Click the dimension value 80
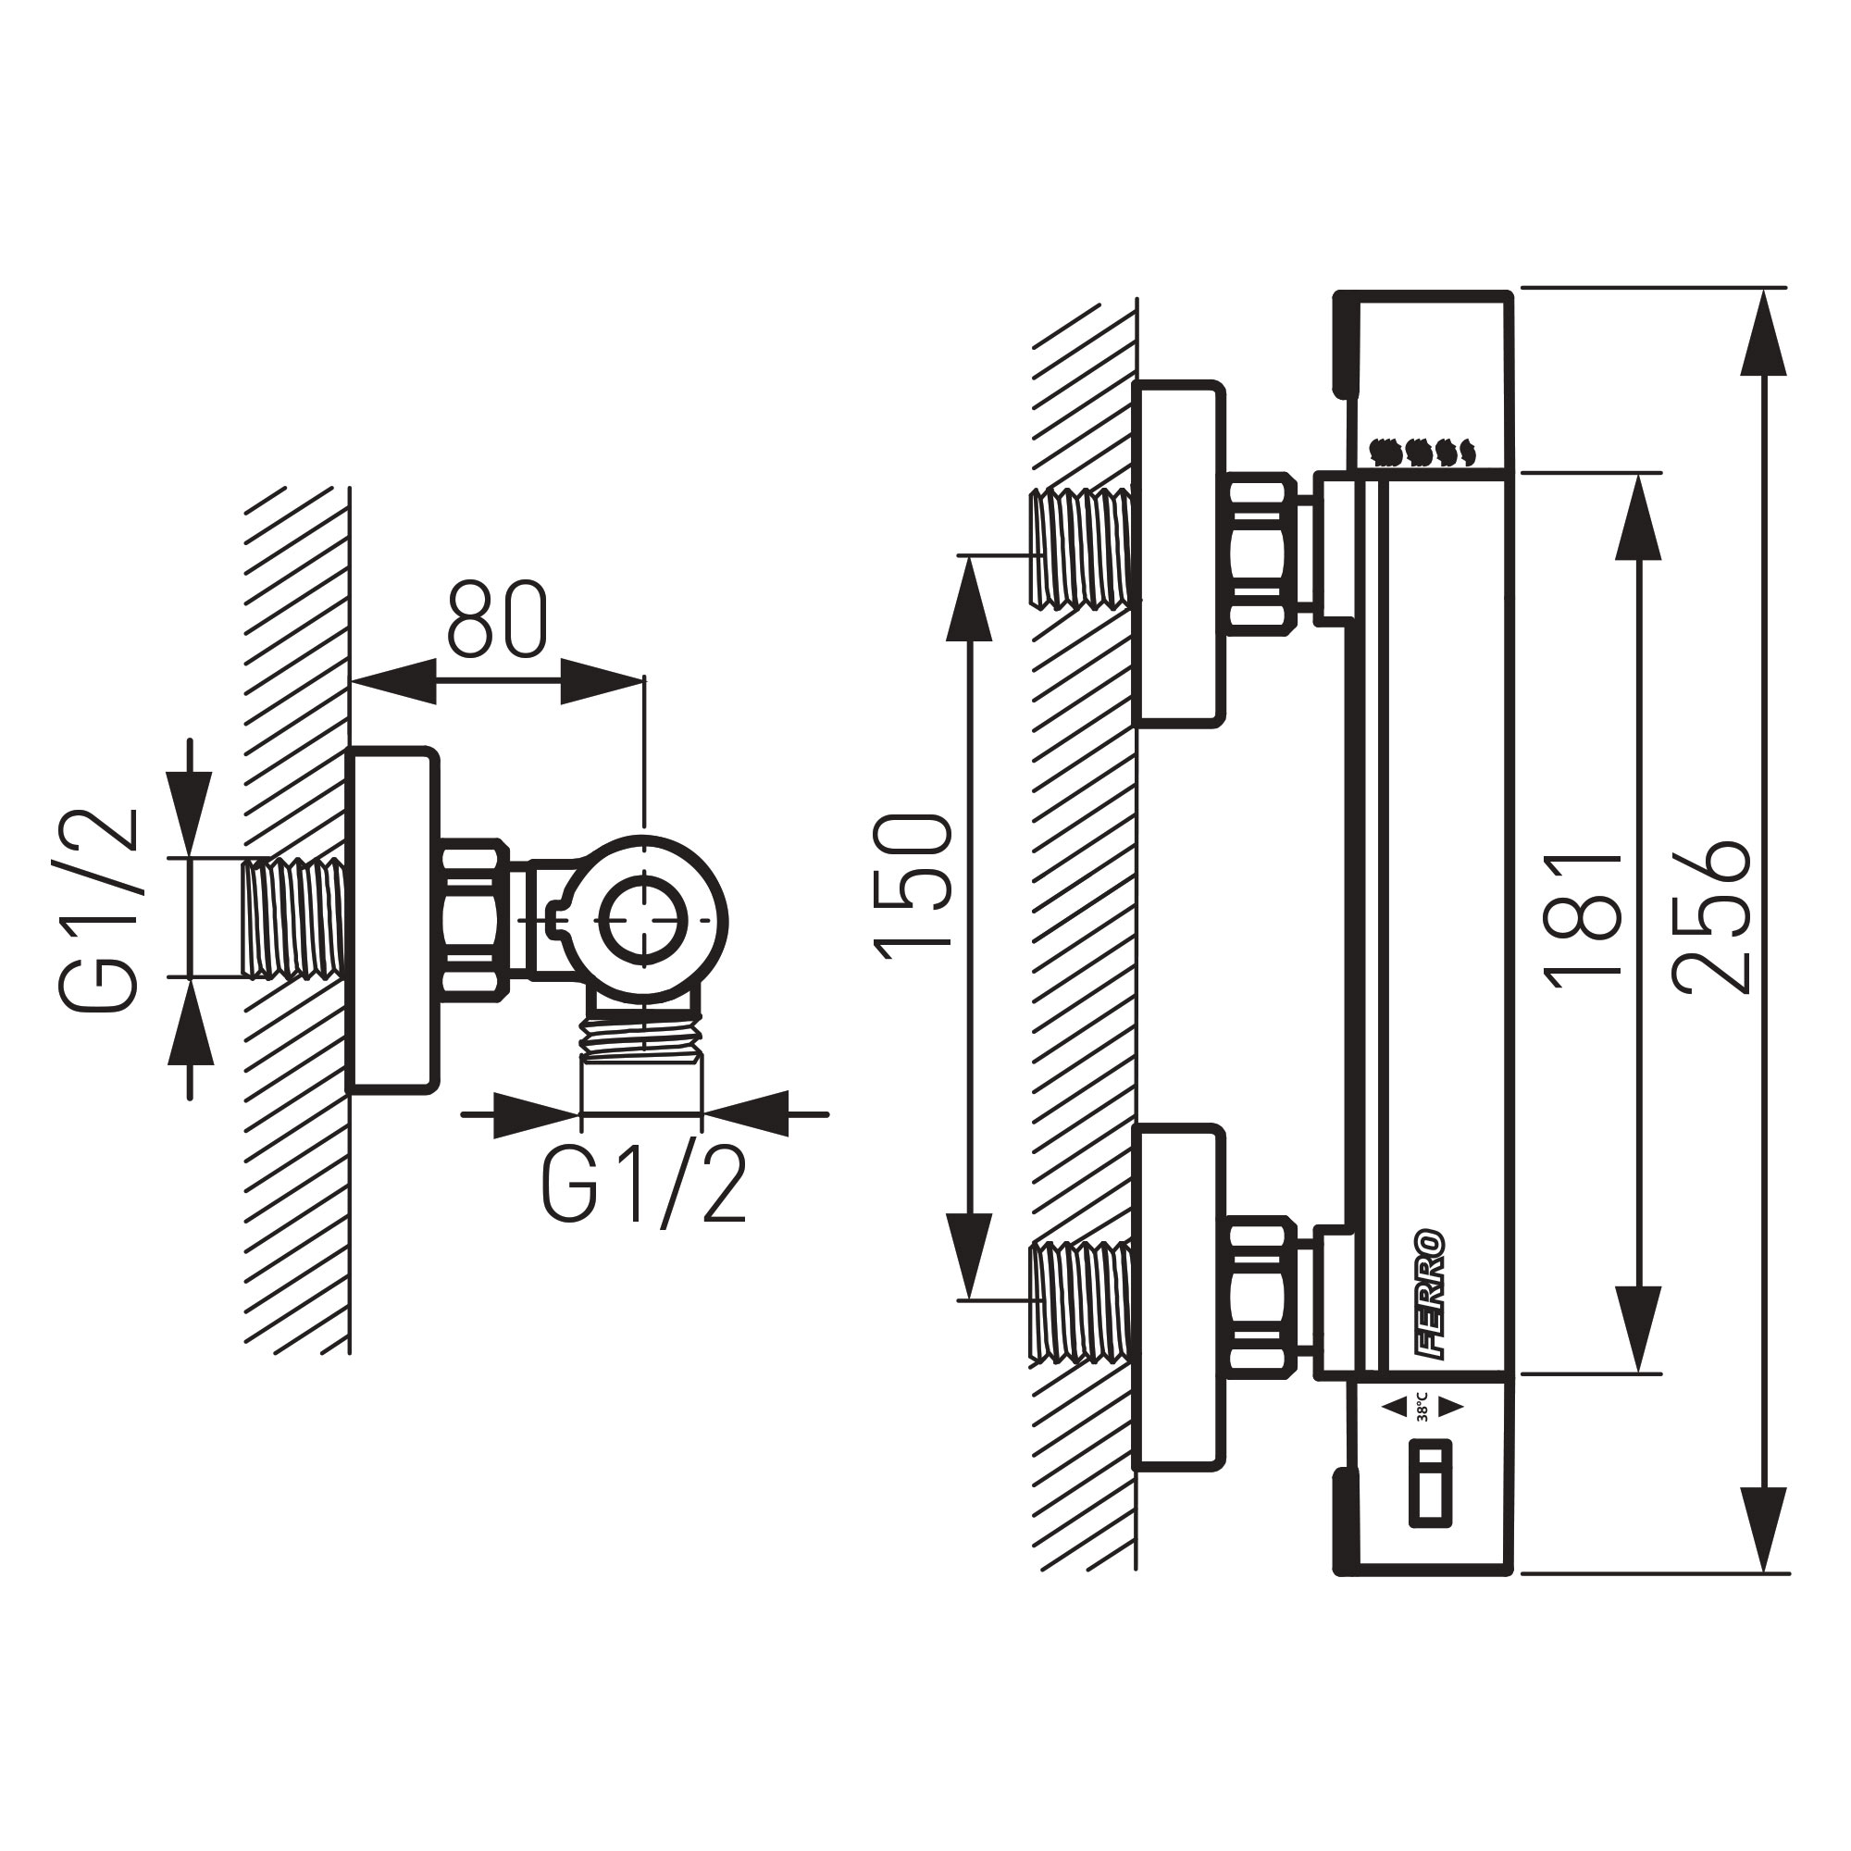tap(496, 620)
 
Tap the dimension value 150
tap(913, 886)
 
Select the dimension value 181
tap(1583, 920)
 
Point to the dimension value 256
tap(1712, 917)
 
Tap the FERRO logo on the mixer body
tap(1432, 1294)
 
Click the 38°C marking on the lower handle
tap(1422, 1407)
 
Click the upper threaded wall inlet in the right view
tap(1081, 548)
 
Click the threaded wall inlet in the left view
tap(293, 918)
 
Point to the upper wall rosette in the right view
tap(1178, 553)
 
